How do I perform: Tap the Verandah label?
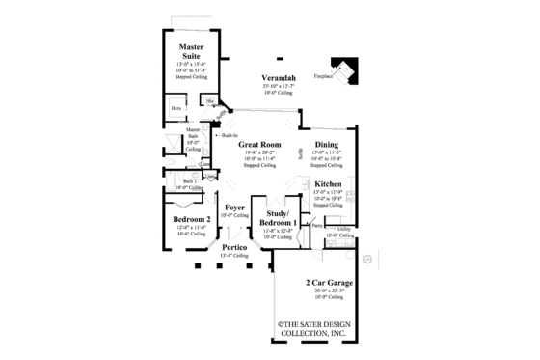click(x=278, y=77)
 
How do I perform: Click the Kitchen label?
click(x=328, y=182)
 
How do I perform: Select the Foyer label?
click(x=233, y=208)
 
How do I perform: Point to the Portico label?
click(x=233, y=247)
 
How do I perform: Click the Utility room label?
click(x=343, y=229)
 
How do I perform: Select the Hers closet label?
click(x=176, y=108)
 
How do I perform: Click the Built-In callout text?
click(x=229, y=135)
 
